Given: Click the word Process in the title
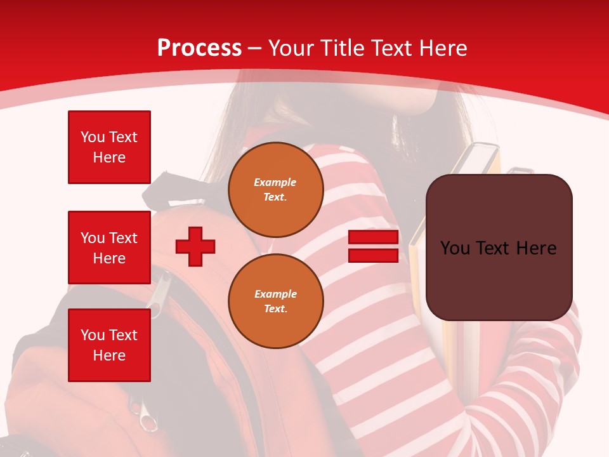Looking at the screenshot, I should tap(199, 48).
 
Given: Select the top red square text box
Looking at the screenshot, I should tap(109, 147).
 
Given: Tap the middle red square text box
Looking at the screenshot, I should tap(109, 248).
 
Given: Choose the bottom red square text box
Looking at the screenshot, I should tap(109, 345).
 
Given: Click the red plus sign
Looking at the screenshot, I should tap(195, 246).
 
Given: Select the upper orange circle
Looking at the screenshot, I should tap(275, 189).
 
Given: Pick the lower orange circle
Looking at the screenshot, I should tap(275, 301).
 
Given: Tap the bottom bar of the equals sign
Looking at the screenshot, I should tap(373, 255).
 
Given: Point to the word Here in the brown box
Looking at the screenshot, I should tap(536, 248).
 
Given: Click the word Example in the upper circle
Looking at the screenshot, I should tap(275, 182).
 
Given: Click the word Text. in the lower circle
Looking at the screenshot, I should tap(275, 309).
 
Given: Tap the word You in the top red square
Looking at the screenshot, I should tap(93, 137).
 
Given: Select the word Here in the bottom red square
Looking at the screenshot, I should tap(109, 355).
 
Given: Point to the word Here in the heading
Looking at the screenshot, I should tap(445, 48).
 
